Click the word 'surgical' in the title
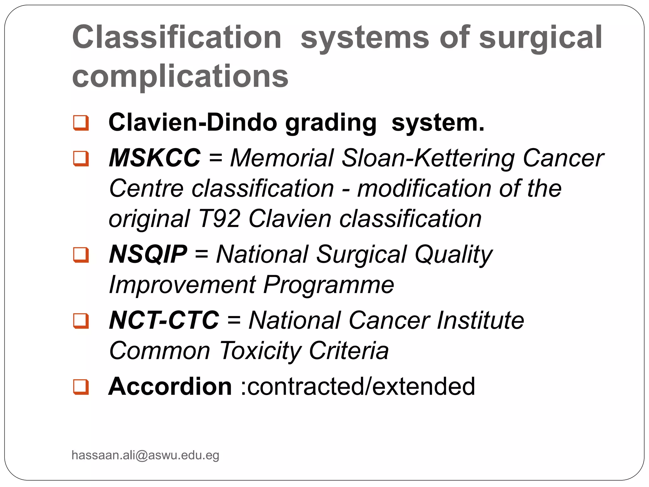click(540, 38)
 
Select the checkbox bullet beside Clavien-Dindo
click(81, 123)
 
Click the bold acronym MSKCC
click(155, 158)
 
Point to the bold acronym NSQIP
click(148, 254)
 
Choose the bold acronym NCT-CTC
click(164, 320)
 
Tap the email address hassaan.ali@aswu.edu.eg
click(145, 455)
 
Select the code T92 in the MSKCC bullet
click(219, 219)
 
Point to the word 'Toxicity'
click(260, 351)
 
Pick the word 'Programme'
click(329, 285)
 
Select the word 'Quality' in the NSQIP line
click(453, 254)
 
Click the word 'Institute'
click(480, 320)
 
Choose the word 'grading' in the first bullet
click(331, 123)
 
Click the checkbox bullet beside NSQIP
click(81, 255)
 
